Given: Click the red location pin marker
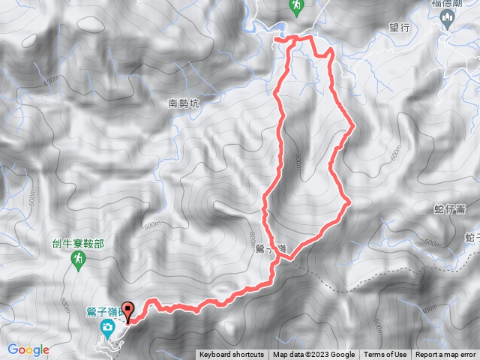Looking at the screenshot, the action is [x=127, y=310].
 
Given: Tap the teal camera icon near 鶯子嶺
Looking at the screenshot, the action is [x=109, y=327].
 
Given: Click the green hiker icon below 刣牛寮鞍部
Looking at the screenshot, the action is [x=77, y=259].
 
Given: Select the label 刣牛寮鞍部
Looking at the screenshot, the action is [x=78, y=243].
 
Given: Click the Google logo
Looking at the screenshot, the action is [x=28, y=349].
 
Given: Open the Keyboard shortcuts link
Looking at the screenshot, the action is [x=232, y=355].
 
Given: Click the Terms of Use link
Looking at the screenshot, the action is [x=385, y=355].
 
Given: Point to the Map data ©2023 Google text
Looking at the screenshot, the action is [x=313, y=355].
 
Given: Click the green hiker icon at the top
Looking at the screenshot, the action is [x=297, y=7].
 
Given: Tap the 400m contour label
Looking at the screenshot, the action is [x=428, y=309].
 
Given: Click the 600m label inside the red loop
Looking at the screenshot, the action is [x=298, y=162].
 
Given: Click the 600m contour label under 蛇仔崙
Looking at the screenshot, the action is [x=433, y=242].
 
